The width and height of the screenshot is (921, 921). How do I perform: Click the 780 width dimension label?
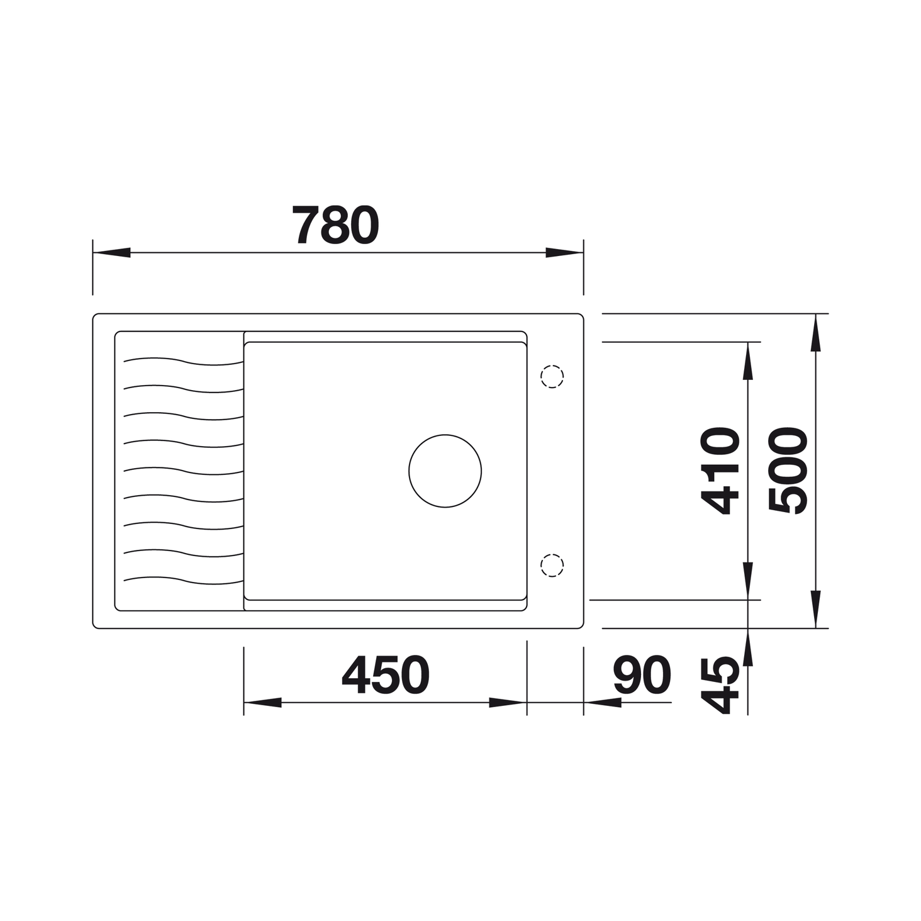335,225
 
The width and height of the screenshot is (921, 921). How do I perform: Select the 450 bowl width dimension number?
386,674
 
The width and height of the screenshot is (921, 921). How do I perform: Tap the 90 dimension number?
642,674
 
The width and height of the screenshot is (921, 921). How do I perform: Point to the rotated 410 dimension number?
720,471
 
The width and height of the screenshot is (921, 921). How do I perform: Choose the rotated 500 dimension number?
788,471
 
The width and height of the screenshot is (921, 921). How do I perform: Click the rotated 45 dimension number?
720,685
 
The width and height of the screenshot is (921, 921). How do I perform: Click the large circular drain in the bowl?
445,471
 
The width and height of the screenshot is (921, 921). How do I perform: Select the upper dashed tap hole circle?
552,376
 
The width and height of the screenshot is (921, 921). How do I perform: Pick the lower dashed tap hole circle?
552,566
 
